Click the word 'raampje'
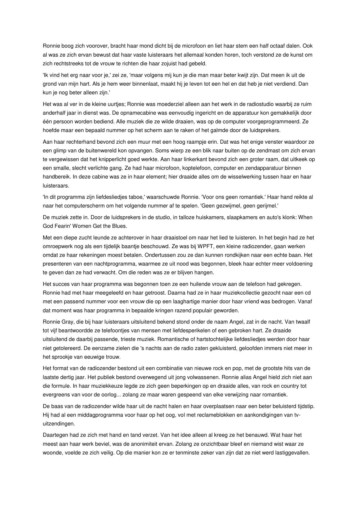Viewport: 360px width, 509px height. point(197,142)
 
